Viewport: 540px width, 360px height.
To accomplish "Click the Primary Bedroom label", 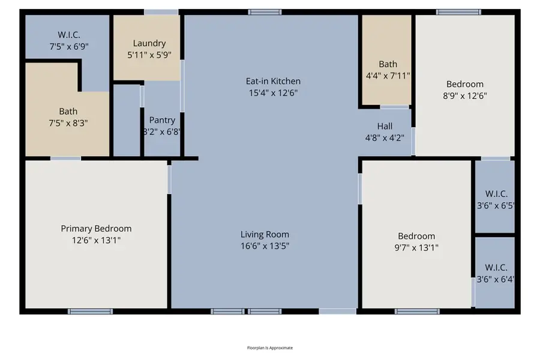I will (96, 229).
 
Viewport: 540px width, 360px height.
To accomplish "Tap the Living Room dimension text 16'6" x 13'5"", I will (265, 246).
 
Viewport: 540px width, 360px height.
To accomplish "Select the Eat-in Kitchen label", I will (273, 81).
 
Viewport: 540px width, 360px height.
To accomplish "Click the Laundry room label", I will (149, 43).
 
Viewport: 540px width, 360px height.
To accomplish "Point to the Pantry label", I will (162, 120).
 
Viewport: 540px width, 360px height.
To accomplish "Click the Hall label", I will (385, 126).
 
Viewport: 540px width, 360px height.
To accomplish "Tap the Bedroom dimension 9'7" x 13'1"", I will (416, 247).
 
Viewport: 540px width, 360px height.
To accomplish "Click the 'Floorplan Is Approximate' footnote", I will (270, 348).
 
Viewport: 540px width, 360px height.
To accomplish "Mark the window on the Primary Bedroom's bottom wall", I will (90, 311).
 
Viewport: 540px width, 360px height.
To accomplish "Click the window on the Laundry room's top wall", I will (161, 11).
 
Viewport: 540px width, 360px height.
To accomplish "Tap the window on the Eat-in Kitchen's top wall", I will (265, 11).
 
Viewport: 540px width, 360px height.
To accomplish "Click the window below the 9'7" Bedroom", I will (416, 311).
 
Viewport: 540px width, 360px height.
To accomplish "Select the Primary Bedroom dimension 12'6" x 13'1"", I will (96, 240).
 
